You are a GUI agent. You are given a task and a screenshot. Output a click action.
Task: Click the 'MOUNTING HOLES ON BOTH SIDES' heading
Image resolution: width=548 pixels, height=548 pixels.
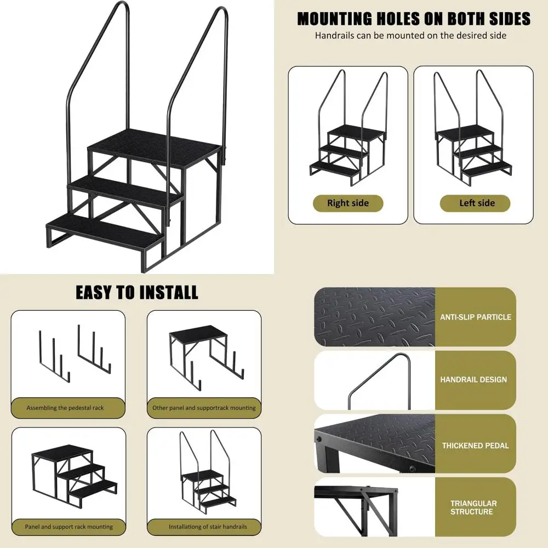(x=414, y=19)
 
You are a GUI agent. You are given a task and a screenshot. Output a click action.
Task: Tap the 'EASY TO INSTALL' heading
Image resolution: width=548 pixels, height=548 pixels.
(x=137, y=292)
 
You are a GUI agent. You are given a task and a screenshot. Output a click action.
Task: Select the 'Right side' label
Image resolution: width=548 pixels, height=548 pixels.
(x=348, y=203)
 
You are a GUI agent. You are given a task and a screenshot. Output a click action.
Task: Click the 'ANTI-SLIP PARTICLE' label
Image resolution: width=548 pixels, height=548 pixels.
(x=475, y=317)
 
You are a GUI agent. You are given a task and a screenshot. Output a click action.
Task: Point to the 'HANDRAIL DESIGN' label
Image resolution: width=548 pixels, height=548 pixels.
(x=473, y=379)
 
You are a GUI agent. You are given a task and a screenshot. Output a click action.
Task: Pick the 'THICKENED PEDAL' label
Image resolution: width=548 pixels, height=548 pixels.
(x=475, y=446)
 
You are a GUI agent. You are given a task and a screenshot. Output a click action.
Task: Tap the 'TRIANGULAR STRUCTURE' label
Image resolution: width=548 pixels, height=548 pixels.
(x=473, y=507)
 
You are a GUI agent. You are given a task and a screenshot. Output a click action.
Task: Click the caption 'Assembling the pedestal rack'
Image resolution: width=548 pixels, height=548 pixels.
(x=65, y=408)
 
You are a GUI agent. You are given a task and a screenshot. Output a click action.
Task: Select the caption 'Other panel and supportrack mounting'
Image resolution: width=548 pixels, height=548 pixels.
(x=204, y=408)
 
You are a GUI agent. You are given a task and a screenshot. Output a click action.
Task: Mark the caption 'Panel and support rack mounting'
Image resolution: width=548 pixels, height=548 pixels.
(x=68, y=527)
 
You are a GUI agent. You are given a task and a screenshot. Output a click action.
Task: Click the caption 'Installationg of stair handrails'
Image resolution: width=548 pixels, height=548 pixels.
(x=208, y=527)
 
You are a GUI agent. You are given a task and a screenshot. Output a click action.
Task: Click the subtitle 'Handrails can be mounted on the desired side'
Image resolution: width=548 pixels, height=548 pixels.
(x=410, y=36)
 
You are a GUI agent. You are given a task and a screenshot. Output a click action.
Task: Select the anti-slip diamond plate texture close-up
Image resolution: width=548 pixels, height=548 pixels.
(x=374, y=317)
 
